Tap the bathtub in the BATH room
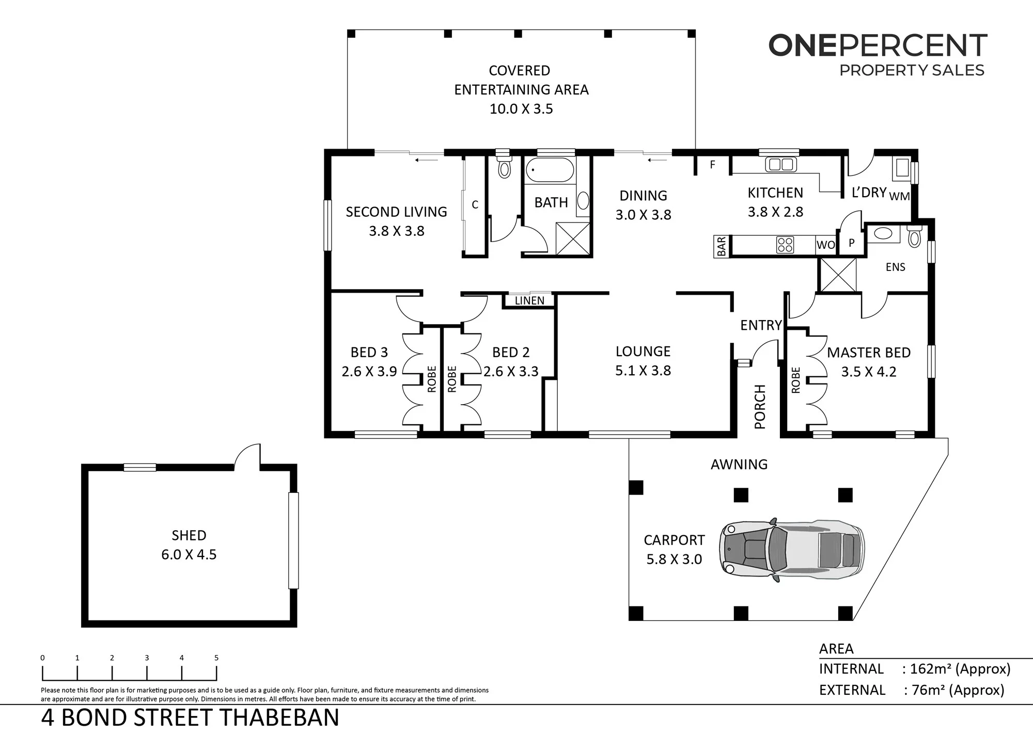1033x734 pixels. (x=550, y=170)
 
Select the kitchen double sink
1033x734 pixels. (x=780, y=165)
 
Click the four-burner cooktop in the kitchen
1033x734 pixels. (x=785, y=244)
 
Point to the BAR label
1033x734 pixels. (x=722, y=246)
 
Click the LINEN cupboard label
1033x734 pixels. (x=529, y=300)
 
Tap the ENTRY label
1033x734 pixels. (x=761, y=325)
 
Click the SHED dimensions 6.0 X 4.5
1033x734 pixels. (x=189, y=554)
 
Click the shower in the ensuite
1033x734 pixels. (x=838, y=275)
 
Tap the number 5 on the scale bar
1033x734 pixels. (x=216, y=658)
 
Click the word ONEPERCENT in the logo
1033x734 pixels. (x=878, y=45)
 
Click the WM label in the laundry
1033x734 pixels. (x=899, y=196)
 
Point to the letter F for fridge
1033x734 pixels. (x=713, y=165)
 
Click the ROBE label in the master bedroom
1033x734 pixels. (x=795, y=380)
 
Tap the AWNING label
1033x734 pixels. (x=739, y=465)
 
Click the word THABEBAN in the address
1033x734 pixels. (x=280, y=718)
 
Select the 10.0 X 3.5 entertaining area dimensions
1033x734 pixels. (x=521, y=109)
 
